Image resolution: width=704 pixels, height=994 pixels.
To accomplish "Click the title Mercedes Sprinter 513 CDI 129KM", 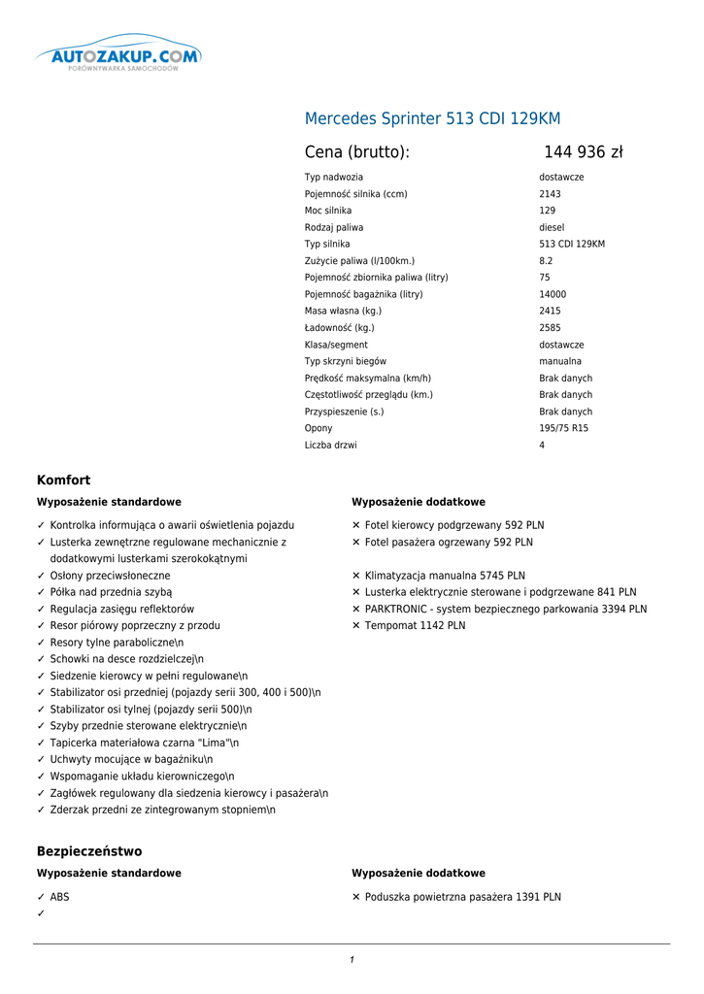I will tap(432, 118).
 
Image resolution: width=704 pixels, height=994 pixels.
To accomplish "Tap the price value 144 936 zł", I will tap(583, 152).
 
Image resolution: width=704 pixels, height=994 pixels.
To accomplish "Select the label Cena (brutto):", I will tap(357, 152).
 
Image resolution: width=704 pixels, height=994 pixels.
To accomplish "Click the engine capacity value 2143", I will tap(550, 194).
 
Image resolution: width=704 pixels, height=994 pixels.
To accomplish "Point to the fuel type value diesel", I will tap(552, 227).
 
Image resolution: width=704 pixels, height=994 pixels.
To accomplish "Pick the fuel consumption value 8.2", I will tap(546, 261).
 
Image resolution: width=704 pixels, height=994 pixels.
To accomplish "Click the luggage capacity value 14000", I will tap(553, 294).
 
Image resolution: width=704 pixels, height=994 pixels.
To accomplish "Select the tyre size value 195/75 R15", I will tap(563, 428).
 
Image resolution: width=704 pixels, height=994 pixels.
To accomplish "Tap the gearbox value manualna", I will tap(560, 361).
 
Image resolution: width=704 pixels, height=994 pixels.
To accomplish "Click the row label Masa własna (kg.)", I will tap(343, 311).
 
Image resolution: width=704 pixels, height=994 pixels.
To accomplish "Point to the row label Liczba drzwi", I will tap(330, 445).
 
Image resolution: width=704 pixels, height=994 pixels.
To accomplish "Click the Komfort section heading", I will tap(63, 480).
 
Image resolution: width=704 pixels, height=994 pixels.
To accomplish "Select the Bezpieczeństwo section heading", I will tap(89, 851).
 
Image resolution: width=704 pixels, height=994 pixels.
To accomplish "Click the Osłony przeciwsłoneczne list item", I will tap(110, 576).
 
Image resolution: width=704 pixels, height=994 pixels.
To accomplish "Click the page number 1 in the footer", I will tap(352, 960).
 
